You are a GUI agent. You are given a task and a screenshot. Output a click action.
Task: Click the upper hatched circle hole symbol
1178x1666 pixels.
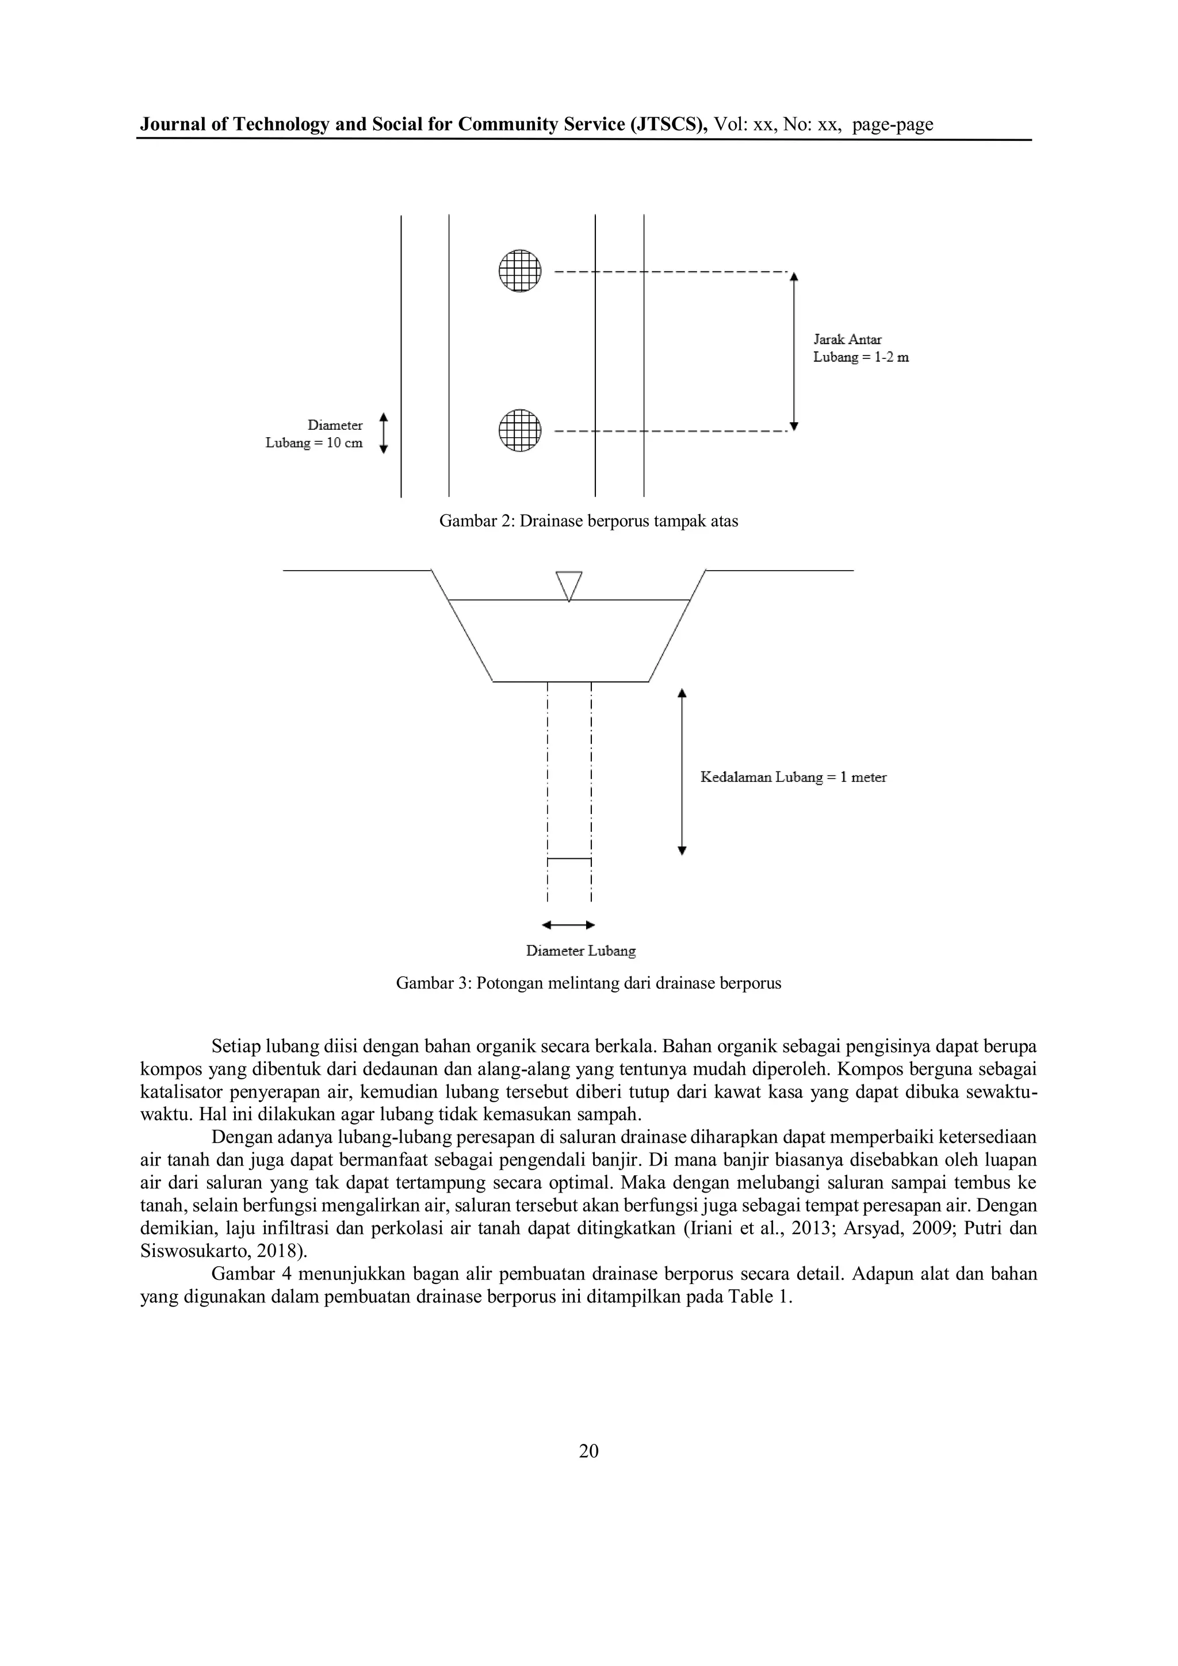[x=520, y=270]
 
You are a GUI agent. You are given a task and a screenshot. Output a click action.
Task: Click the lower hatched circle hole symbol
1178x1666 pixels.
[x=520, y=430]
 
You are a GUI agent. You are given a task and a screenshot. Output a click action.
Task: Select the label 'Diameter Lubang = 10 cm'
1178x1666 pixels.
[x=315, y=434]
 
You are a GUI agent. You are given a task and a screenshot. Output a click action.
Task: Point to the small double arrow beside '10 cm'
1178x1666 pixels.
[x=384, y=433]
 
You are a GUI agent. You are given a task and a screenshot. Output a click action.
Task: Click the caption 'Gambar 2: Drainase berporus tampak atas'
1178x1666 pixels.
[x=588, y=521]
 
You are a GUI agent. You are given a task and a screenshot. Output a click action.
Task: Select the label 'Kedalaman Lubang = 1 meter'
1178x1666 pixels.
[x=793, y=777]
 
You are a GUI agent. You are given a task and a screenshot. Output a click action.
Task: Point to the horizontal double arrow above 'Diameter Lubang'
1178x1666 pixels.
[x=569, y=925]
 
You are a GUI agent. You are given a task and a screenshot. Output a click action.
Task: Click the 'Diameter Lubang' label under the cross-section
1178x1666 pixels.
[x=580, y=950]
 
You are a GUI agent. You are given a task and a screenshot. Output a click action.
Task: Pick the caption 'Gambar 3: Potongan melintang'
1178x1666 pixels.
[x=588, y=984]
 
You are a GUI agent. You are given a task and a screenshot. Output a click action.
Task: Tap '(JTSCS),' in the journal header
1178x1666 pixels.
[x=670, y=125]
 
